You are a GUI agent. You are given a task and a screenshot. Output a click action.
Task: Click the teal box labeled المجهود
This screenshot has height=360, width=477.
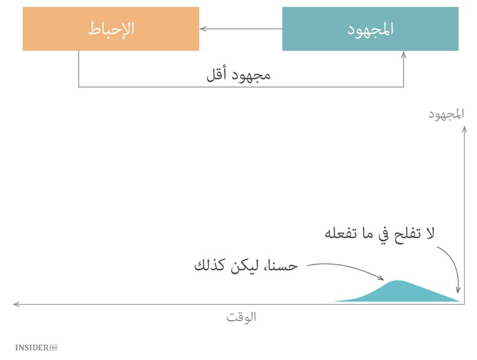point(370,29)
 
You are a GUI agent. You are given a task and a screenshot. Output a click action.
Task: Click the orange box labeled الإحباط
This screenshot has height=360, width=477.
point(111,29)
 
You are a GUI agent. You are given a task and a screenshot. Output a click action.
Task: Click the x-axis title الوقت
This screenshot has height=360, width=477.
point(241,316)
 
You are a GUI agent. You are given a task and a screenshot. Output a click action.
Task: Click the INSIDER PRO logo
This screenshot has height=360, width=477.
point(36,348)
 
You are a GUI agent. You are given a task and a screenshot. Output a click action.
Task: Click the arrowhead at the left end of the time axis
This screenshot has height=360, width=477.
point(16,304)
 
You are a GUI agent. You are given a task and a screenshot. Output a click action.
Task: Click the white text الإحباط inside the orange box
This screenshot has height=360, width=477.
point(111,29)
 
